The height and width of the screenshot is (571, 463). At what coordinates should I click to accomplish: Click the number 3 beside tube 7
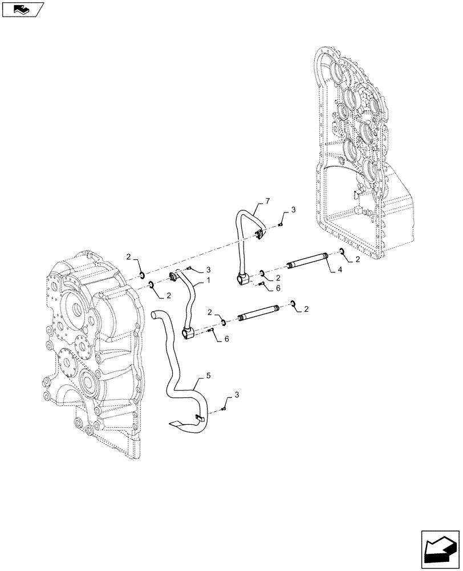click(x=293, y=211)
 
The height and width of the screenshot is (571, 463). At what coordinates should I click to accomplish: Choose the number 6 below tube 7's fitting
click(x=278, y=289)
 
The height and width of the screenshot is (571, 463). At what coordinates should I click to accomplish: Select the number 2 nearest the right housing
click(x=358, y=260)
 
